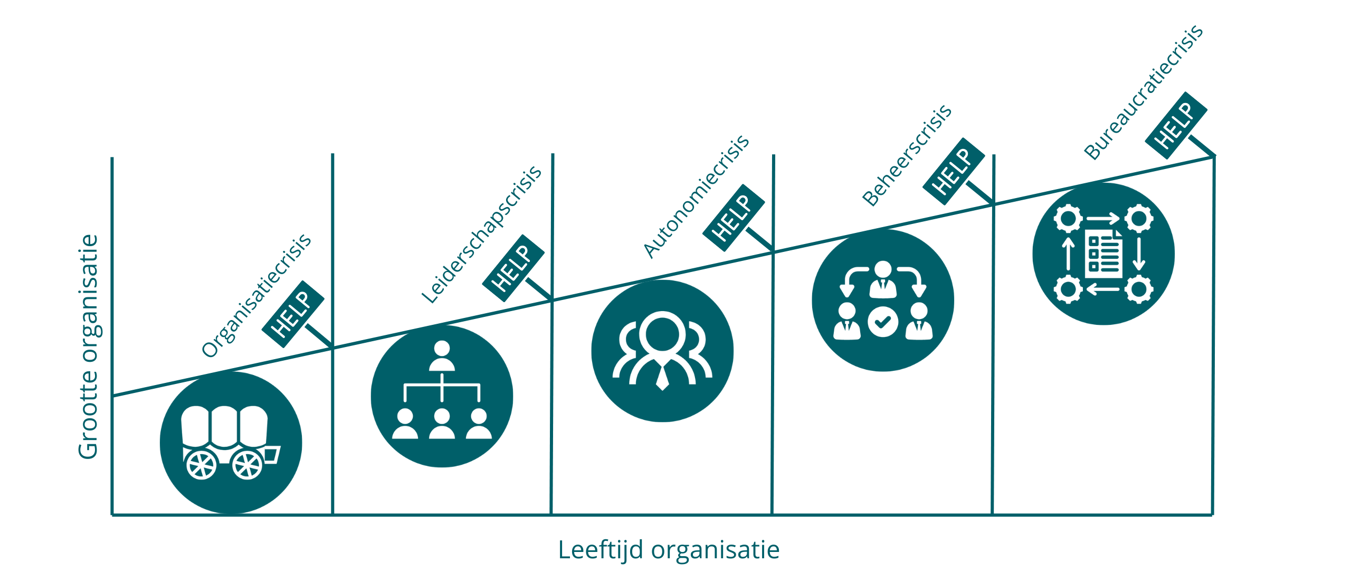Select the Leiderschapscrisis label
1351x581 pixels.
point(481,235)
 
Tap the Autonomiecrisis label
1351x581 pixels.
point(696,196)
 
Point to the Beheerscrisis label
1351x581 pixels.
point(907,155)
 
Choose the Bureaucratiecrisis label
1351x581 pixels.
point(1143,92)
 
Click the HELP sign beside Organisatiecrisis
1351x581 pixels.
point(293,314)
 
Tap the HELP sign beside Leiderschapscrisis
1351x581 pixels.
point(513,268)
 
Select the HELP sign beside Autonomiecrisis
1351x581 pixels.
point(734,218)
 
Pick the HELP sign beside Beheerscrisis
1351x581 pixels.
point(953,172)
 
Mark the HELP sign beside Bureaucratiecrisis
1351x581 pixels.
point(1176,126)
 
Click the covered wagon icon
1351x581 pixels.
point(231,443)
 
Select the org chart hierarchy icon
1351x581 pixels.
point(442,396)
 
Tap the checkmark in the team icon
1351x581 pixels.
point(883,322)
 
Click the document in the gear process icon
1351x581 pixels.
point(1103,254)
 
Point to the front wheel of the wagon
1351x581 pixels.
point(248,464)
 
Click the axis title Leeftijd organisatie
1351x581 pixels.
point(669,550)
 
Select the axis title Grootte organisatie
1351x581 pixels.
point(88,347)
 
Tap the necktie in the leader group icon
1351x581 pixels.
point(662,376)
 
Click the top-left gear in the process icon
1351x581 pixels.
point(1068,218)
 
